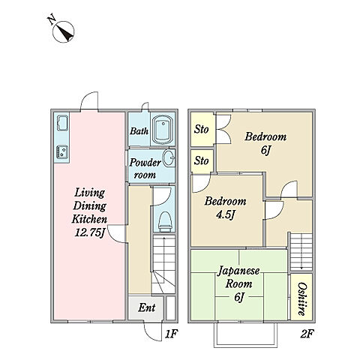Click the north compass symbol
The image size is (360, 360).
click(x=63, y=31)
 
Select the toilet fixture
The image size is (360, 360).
click(x=165, y=222)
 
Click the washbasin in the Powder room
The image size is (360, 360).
click(x=169, y=157)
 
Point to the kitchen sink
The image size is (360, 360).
click(x=62, y=123)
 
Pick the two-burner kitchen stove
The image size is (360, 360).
click(x=62, y=151)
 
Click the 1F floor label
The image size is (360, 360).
click(x=171, y=334)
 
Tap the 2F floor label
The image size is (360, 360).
click(x=307, y=334)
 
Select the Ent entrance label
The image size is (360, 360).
click(x=147, y=307)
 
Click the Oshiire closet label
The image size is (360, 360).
click(x=301, y=299)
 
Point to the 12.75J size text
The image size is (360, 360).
click(x=89, y=233)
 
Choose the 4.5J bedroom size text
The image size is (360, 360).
click(x=226, y=214)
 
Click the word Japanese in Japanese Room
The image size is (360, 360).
click(x=238, y=271)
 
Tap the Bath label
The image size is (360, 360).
click(x=139, y=130)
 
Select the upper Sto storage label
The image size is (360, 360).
click(x=201, y=129)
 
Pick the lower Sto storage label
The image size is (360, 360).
click(x=201, y=160)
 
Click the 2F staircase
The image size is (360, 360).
click(x=301, y=251)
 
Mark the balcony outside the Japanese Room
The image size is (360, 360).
click(x=245, y=335)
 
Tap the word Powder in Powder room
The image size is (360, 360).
click(x=145, y=163)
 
